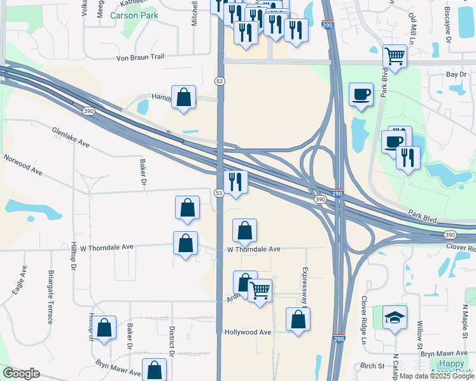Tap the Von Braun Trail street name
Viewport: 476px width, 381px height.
140,57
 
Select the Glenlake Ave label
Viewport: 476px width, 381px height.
71,136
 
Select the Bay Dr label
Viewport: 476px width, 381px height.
456,75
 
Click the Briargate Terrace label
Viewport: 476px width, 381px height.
50,297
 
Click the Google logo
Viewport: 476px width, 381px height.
21,373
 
